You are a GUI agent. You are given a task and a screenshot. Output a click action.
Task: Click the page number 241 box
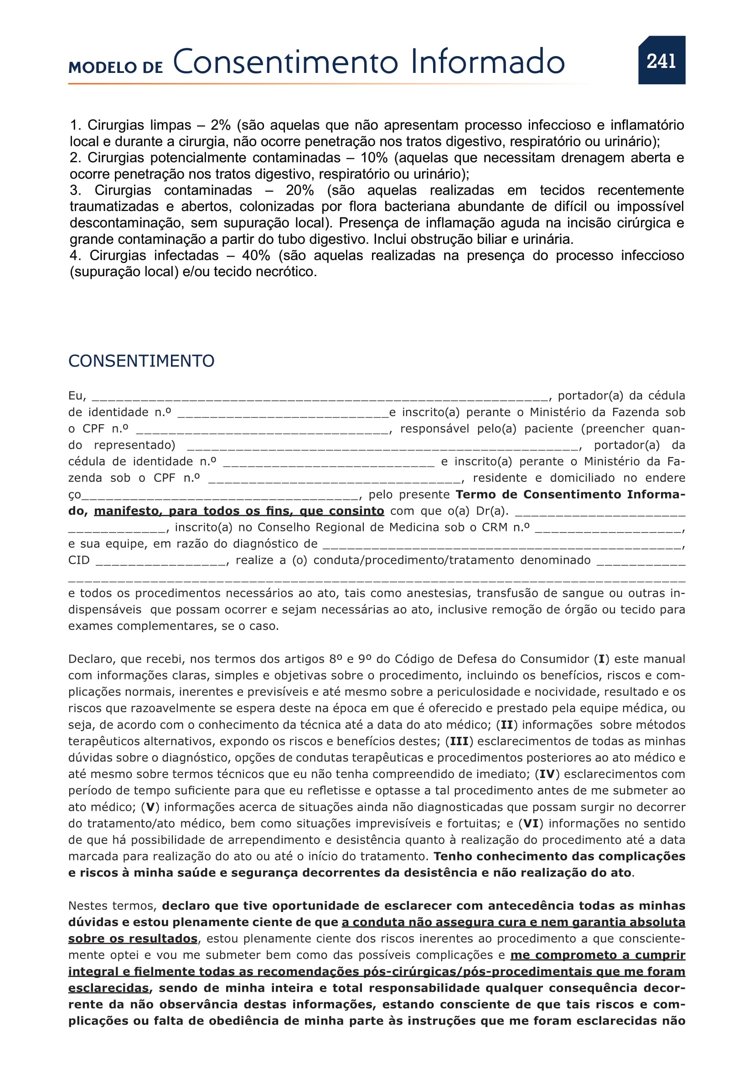[x=661, y=60]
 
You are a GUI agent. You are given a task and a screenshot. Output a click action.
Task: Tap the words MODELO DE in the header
[x=115, y=67]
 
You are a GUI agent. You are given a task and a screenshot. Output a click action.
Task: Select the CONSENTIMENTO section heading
[x=141, y=361]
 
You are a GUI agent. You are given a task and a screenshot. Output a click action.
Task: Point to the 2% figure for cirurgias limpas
[x=221, y=125]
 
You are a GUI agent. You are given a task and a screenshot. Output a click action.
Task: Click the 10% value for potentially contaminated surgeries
[x=374, y=158]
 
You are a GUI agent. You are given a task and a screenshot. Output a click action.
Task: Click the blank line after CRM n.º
[x=608, y=529]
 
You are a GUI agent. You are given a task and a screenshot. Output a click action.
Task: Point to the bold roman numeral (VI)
[x=531, y=823]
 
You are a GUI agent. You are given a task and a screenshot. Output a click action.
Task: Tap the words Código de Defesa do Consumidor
[x=492, y=659]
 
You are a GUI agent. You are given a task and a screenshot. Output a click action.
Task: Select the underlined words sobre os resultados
[x=133, y=938]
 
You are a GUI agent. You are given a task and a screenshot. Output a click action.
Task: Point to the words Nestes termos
[x=112, y=906]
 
